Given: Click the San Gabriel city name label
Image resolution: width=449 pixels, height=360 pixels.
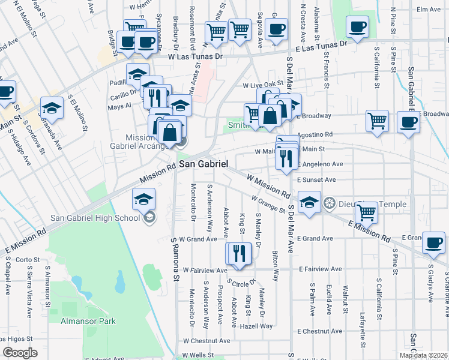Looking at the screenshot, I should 203,164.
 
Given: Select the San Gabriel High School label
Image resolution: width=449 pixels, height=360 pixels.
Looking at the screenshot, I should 95,217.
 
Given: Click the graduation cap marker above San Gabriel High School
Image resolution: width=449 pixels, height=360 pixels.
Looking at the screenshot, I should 144,199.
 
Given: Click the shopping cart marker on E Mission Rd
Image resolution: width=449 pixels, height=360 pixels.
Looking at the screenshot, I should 366,212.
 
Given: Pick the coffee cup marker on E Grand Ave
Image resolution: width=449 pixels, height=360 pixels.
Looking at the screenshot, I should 433,242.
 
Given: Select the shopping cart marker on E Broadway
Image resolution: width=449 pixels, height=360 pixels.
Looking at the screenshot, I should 377,120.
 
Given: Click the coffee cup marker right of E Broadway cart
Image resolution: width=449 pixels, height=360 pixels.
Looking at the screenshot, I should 408,121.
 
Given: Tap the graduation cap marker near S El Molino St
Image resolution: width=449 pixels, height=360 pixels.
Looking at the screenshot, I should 52,107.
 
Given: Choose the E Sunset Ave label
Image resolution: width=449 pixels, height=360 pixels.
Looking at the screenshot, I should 316,179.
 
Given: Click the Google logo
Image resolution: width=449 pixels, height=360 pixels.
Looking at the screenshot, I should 20,353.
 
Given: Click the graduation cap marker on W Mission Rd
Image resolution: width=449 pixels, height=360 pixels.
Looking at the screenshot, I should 309,202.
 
